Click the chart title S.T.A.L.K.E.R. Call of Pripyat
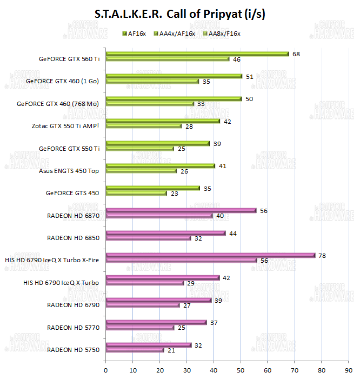coord(179,14)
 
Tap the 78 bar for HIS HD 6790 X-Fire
coord(210,255)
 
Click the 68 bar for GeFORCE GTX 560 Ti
coord(197,54)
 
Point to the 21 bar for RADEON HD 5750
coord(135,350)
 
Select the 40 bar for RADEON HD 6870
coord(159,216)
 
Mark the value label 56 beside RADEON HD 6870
coord(264,210)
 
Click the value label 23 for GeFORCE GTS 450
coord(175,193)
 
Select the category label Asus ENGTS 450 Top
coord(70,171)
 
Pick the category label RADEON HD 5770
coord(74,327)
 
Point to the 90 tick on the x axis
coord(348,370)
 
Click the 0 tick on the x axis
coord(105,370)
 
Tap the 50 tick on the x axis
coord(241,370)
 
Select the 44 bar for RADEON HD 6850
coord(165,233)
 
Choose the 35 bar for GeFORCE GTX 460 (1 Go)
coord(152,81)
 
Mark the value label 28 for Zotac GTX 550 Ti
coord(189,126)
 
